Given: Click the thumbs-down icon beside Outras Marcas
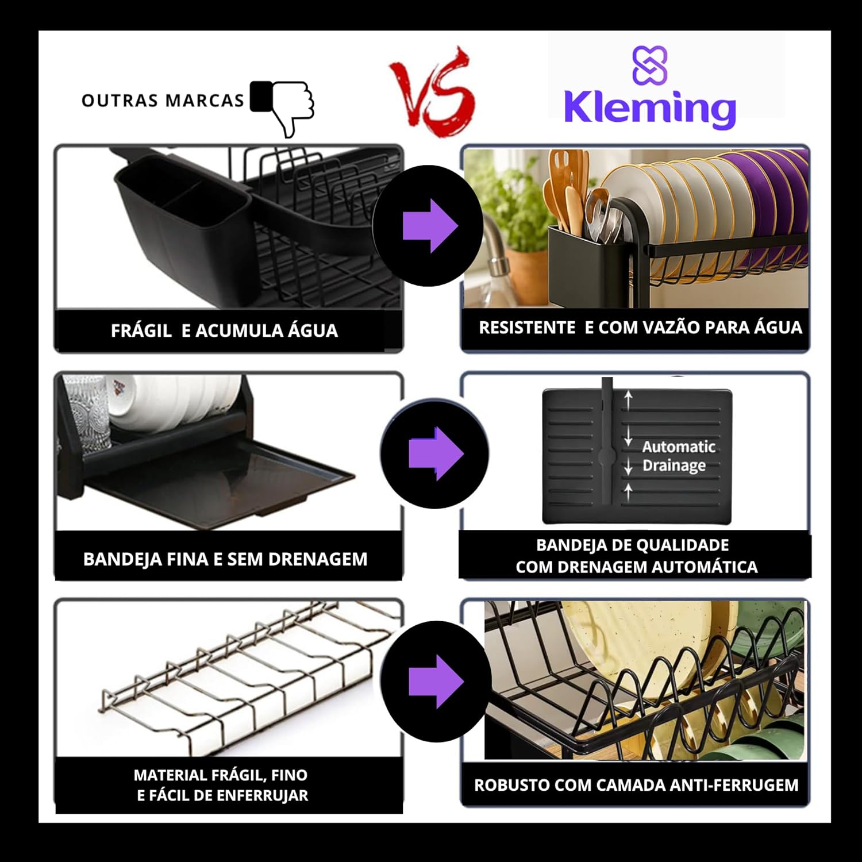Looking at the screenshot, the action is tap(282, 107).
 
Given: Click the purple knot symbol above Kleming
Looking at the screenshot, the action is tap(650, 64).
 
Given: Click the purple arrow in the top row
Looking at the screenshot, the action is tap(430, 226).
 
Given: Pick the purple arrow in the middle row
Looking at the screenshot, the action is tap(436, 453).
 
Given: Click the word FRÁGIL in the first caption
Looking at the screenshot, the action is tap(141, 330).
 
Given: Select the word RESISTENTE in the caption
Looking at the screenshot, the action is tap(527, 328).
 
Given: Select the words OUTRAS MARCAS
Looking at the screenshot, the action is tap(163, 101).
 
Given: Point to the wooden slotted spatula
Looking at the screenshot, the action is tap(559, 184).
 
